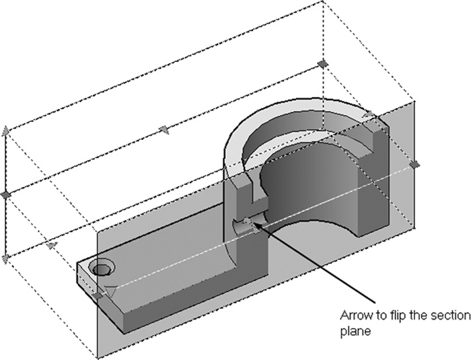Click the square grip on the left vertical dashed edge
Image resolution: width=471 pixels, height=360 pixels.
(5, 195)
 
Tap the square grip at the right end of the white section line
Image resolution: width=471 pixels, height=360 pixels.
(415, 164)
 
